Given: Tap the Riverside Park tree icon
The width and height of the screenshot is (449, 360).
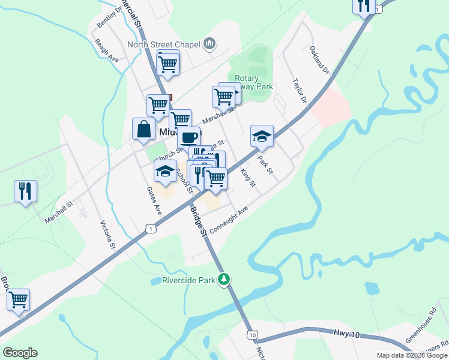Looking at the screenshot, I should [x=224, y=279].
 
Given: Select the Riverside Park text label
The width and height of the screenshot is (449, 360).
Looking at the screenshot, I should [x=188, y=280].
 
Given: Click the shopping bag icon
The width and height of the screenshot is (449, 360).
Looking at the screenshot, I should [x=144, y=129].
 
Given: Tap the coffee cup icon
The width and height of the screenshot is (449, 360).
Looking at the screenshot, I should [x=188, y=137].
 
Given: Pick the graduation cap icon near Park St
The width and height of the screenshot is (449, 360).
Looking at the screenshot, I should [x=262, y=136].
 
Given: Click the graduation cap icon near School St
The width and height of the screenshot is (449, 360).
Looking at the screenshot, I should [x=165, y=171].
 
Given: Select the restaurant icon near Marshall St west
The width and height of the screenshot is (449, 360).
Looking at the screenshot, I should [x=25, y=191].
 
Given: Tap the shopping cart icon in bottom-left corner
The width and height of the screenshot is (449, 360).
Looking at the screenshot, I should [x=18, y=299].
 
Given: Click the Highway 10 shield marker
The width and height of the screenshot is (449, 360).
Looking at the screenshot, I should [x=252, y=334].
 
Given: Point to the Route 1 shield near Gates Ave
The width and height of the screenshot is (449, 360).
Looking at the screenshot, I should [x=151, y=228].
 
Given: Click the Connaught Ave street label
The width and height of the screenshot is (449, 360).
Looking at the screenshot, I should [x=229, y=221].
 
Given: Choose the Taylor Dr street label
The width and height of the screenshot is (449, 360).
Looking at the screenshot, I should [x=300, y=90].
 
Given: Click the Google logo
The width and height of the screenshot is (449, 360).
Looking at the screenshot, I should [x=20, y=353].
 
